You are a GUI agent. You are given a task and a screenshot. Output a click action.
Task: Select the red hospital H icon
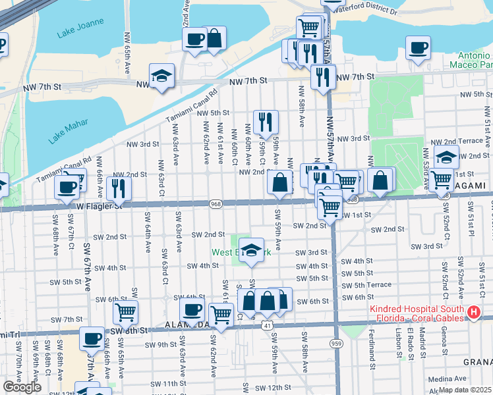click(472, 313)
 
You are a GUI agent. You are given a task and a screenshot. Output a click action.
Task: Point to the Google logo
click(22, 387)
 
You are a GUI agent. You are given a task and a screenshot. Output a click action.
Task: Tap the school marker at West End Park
click(250, 250)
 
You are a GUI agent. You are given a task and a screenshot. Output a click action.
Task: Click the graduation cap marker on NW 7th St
click(161, 76)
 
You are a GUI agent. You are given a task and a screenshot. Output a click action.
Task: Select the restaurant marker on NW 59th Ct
click(266, 121)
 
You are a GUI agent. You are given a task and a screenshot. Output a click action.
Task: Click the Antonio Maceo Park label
click(471, 61)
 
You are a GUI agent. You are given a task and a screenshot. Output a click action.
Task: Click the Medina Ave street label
click(446, 379)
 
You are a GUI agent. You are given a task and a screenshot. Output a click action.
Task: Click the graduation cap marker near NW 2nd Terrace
click(446, 158)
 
